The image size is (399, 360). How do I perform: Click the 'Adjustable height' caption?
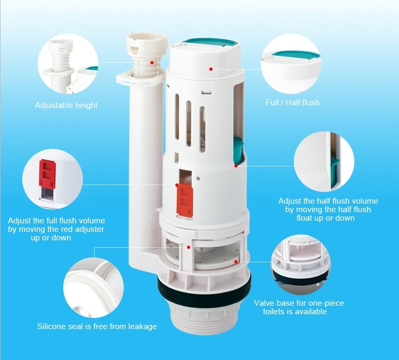[66, 105]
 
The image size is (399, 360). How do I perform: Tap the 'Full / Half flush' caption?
[292, 102]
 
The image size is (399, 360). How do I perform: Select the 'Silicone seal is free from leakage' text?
[97, 326]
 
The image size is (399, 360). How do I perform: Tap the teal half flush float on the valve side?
[237, 149]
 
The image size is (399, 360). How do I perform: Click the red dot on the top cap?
[211, 69]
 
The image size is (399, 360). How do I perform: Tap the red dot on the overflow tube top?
[152, 62]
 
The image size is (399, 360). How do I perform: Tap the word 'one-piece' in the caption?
[325, 303]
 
